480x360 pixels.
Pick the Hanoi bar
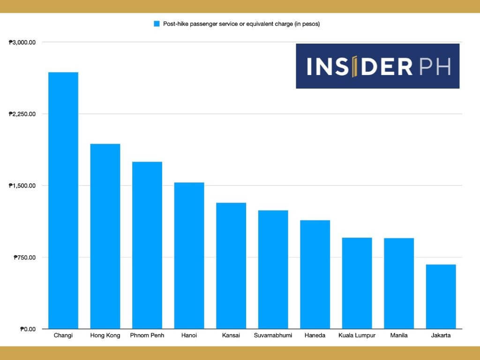click(189, 255)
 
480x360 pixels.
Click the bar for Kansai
click(231, 265)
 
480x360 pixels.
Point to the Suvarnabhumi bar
click(273, 269)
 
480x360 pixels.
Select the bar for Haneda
click(315, 274)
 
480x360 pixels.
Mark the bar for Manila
click(399, 283)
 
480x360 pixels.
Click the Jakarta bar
click(441, 296)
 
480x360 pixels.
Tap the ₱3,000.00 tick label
click(22, 43)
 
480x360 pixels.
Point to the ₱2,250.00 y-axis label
click(22, 114)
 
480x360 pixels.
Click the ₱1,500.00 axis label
click(22, 186)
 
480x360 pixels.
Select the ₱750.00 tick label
click(24, 257)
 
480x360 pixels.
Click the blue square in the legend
click(157, 23)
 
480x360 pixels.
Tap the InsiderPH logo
click(377, 66)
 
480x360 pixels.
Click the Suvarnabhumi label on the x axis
click(273, 336)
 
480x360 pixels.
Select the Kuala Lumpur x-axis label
click(357, 336)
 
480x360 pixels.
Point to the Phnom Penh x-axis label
click(147, 336)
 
